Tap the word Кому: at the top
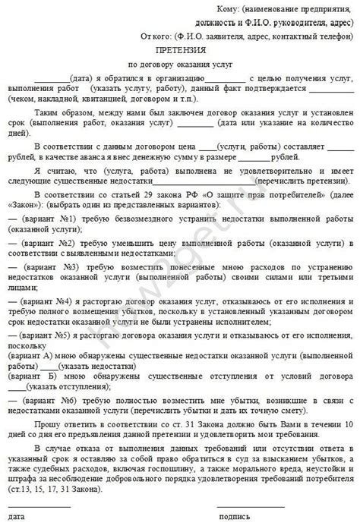tap(225, 7)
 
